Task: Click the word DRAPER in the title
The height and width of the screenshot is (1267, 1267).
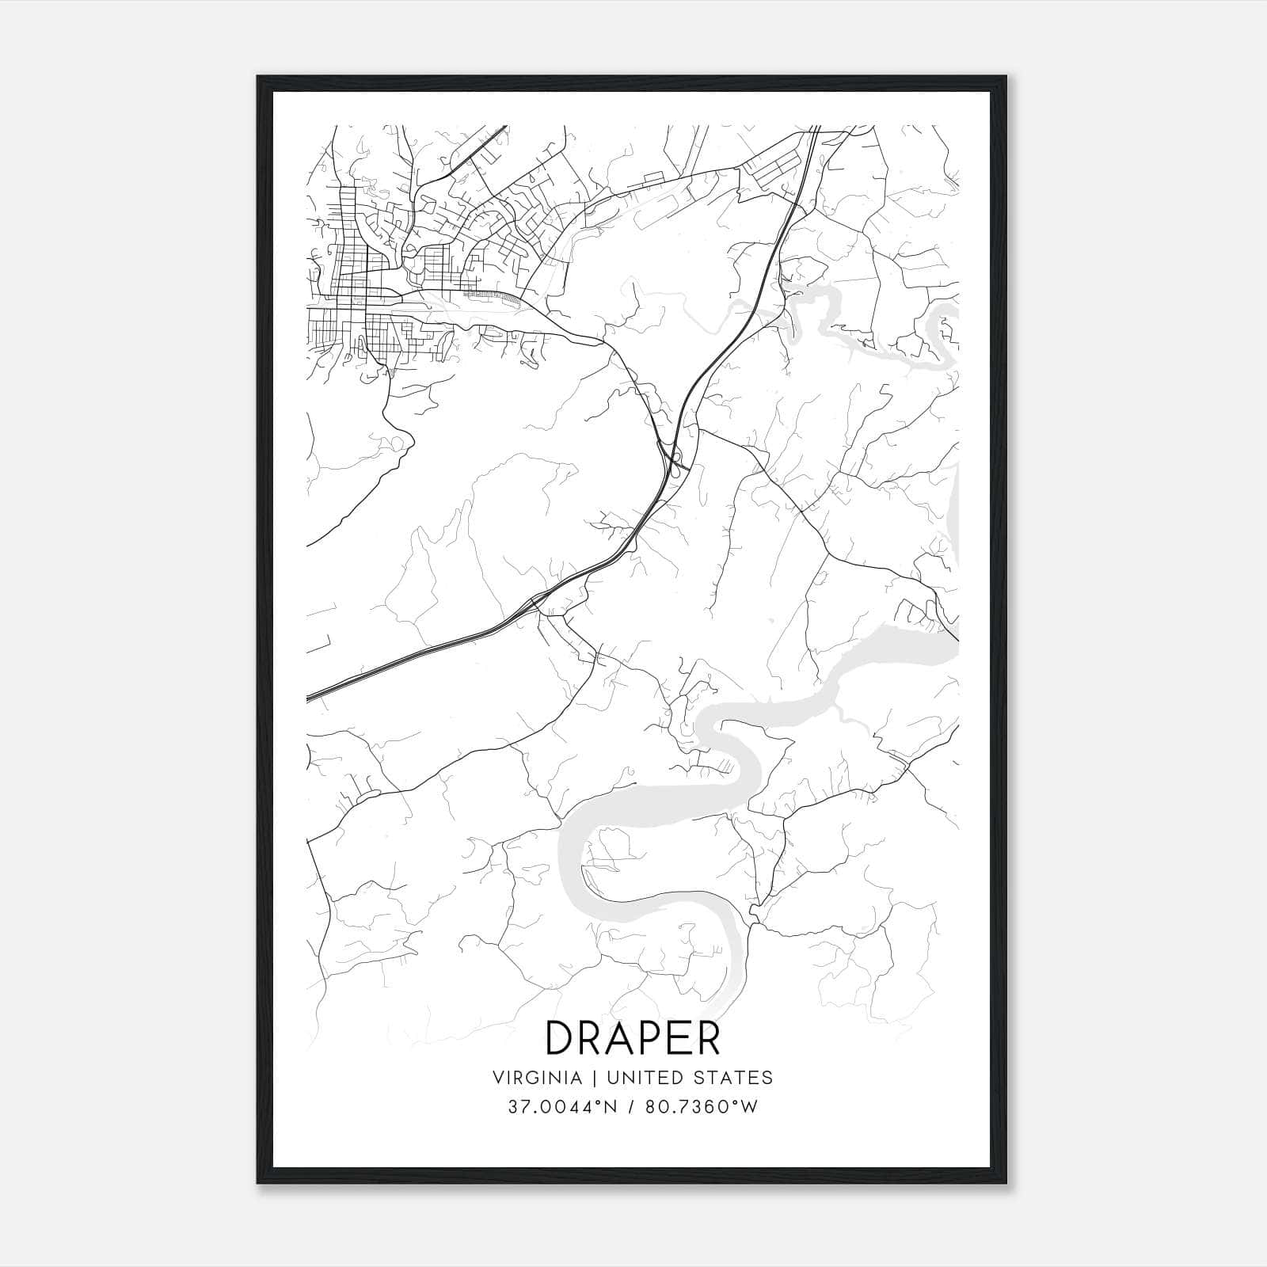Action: click(633, 1038)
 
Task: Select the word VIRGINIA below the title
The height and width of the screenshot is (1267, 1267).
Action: click(538, 1078)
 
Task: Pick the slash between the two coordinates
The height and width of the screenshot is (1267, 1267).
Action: click(632, 1106)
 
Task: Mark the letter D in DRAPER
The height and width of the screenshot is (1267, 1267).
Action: click(561, 1038)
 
